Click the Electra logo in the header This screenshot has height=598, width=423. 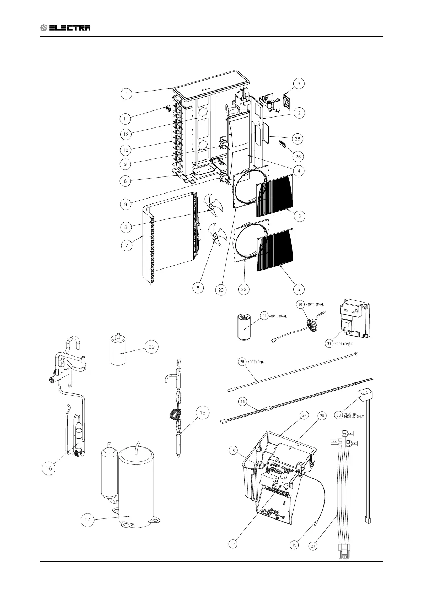tap(65, 28)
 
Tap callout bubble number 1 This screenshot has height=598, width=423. tap(126, 94)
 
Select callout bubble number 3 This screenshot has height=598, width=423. tap(299, 83)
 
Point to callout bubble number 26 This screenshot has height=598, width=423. tap(298, 156)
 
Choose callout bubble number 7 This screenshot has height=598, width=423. tap(126, 245)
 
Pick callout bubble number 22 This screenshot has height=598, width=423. tap(152, 347)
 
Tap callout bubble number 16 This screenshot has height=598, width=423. tap(49, 468)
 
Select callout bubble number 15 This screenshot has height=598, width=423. tap(203, 413)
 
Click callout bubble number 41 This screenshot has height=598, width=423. tap(263, 315)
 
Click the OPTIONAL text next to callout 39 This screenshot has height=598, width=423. tap(344, 344)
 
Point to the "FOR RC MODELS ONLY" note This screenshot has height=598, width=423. tap(354, 415)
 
